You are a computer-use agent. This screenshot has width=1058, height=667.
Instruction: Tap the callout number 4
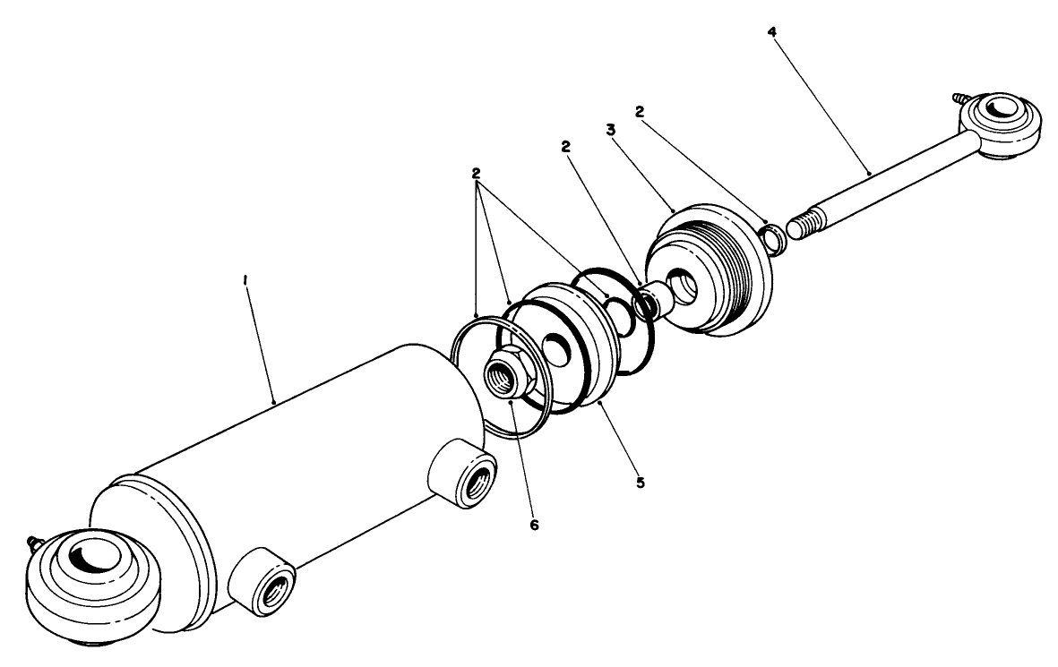pos(771,33)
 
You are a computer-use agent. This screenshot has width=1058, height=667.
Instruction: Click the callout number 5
pos(640,482)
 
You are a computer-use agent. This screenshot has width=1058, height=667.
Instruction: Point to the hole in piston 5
pos(557,347)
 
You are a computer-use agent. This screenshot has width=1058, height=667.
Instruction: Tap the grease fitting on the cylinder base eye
pos(37,541)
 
